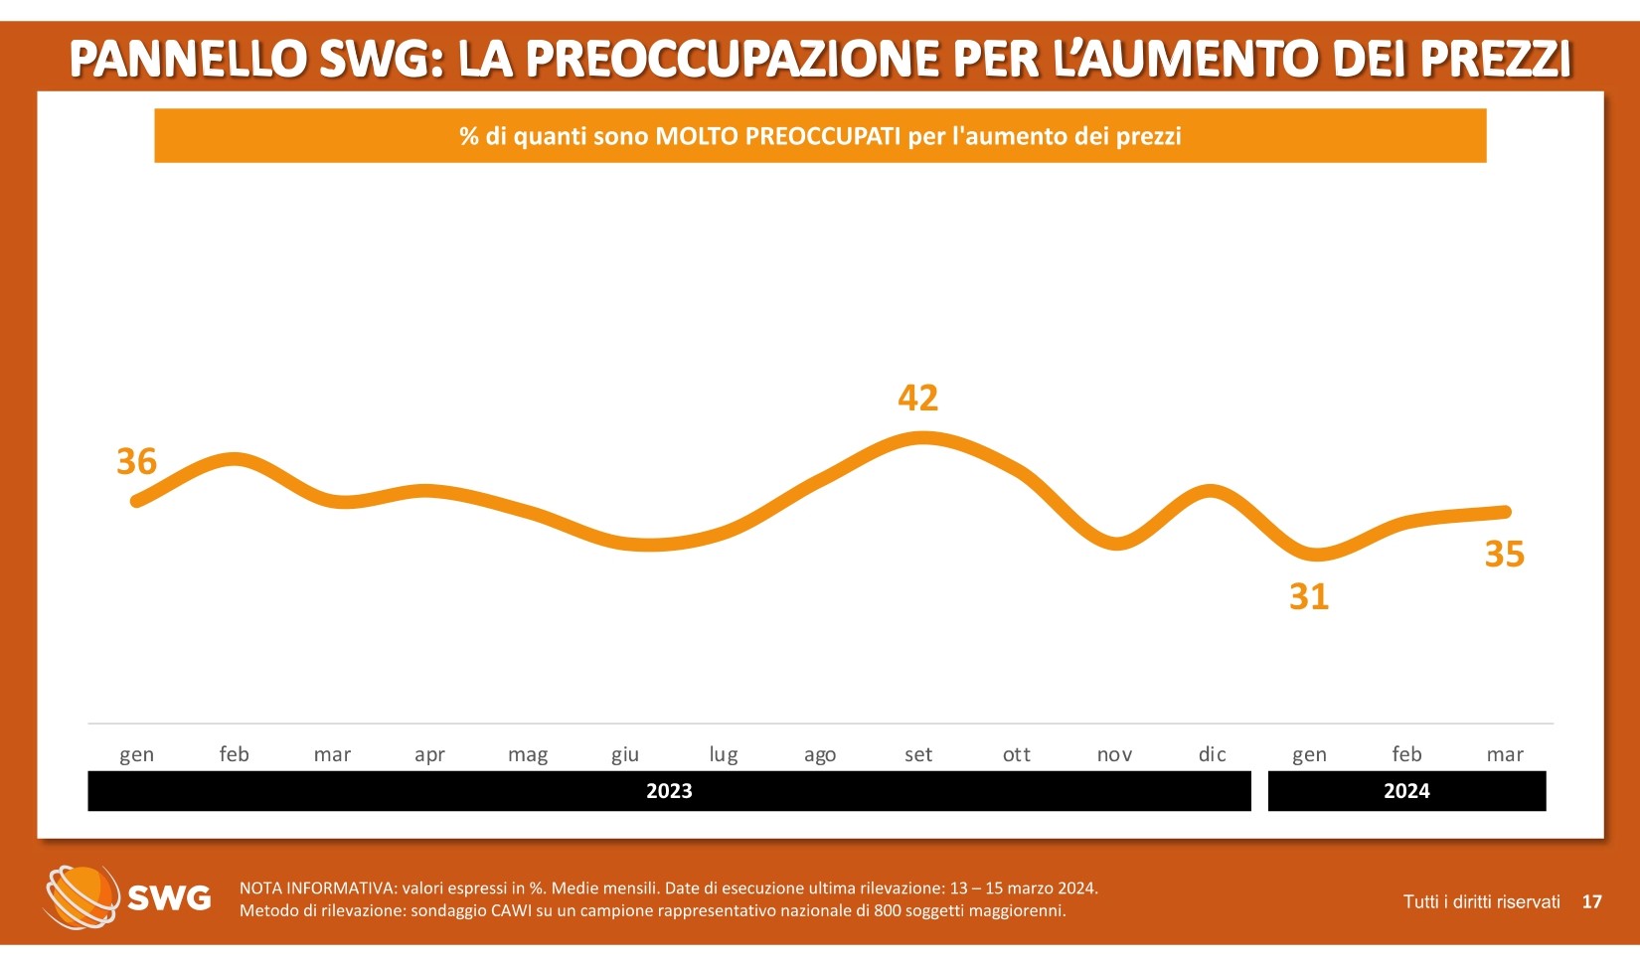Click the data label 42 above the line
917,399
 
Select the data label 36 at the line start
137,462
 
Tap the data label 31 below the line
1309,597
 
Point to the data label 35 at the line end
1504,555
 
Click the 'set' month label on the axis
918,755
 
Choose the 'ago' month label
820,755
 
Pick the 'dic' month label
1212,755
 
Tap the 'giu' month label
625,755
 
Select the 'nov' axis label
1114,755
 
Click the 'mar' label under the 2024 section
1505,755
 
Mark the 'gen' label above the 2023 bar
137,755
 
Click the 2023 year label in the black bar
669,791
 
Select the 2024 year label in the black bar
1406,791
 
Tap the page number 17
1591,902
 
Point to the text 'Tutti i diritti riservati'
1481,902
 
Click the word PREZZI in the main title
1496,60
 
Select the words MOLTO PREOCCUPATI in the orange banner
777,136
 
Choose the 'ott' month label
1017,755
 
